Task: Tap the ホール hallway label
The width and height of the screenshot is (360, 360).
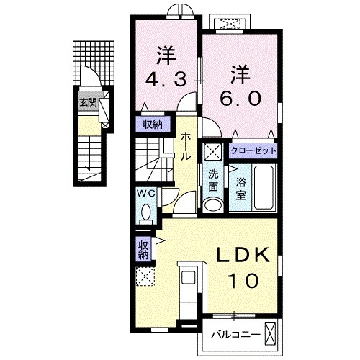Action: [x=186, y=147]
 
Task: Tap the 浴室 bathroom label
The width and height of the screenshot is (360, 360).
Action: [x=240, y=184]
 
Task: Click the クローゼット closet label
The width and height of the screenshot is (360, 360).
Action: [x=253, y=151]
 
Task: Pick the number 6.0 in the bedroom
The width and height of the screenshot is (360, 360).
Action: [x=240, y=98]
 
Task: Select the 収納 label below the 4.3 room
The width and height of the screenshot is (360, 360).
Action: [x=151, y=124]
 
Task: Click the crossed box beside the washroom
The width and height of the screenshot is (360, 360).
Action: [x=213, y=151]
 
